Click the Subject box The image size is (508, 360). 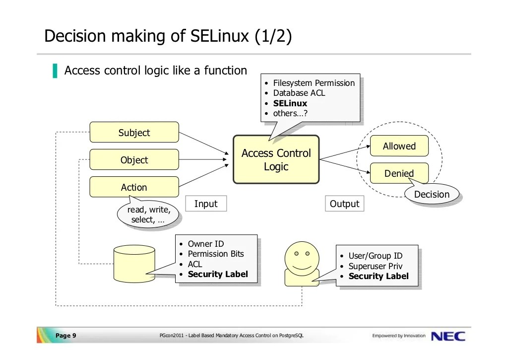(x=134, y=133)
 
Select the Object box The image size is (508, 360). (x=134, y=160)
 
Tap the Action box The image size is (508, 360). (x=134, y=187)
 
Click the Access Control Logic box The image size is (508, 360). (x=276, y=160)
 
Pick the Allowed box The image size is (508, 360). (x=399, y=146)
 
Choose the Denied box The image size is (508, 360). (x=399, y=173)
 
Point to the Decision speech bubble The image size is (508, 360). (x=432, y=195)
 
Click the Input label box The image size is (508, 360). (x=206, y=204)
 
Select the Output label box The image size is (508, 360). (x=344, y=204)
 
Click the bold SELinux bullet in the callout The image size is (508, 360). (x=290, y=103)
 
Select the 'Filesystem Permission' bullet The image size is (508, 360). (x=314, y=83)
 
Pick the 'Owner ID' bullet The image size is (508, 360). (x=206, y=244)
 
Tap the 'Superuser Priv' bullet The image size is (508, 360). (x=375, y=266)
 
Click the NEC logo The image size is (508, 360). (x=448, y=336)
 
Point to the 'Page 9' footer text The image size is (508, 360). (x=65, y=336)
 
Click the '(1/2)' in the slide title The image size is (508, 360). (x=273, y=36)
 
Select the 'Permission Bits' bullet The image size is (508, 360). (x=216, y=254)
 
